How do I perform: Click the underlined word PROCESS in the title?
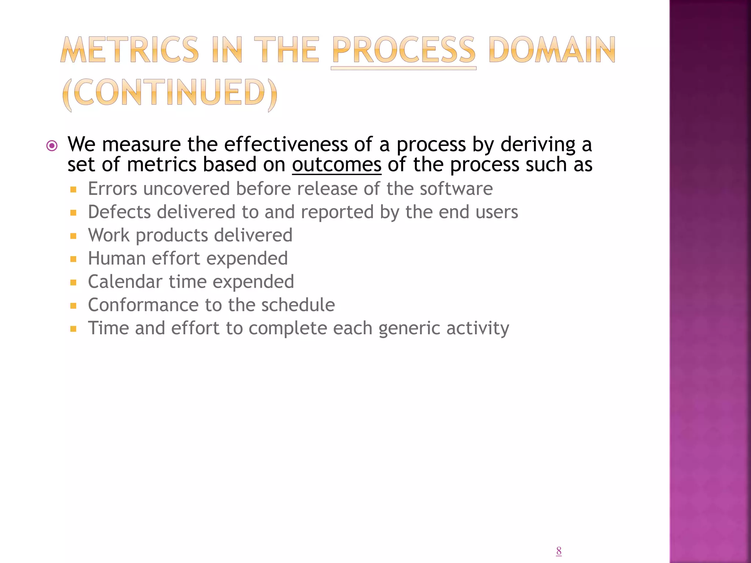(x=403, y=50)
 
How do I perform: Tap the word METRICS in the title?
(x=129, y=50)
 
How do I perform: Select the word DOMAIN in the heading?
(x=552, y=50)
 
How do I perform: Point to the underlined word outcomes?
(x=337, y=165)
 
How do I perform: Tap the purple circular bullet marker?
(x=52, y=146)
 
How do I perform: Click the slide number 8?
(x=558, y=551)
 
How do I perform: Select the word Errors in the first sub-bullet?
(x=113, y=189)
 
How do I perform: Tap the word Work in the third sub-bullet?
(x=109, y=235)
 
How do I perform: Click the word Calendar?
(x=125, y=282)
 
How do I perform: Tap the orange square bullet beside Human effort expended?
(x=73, y=259)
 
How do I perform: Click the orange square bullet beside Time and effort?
(x=73, y=329)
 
